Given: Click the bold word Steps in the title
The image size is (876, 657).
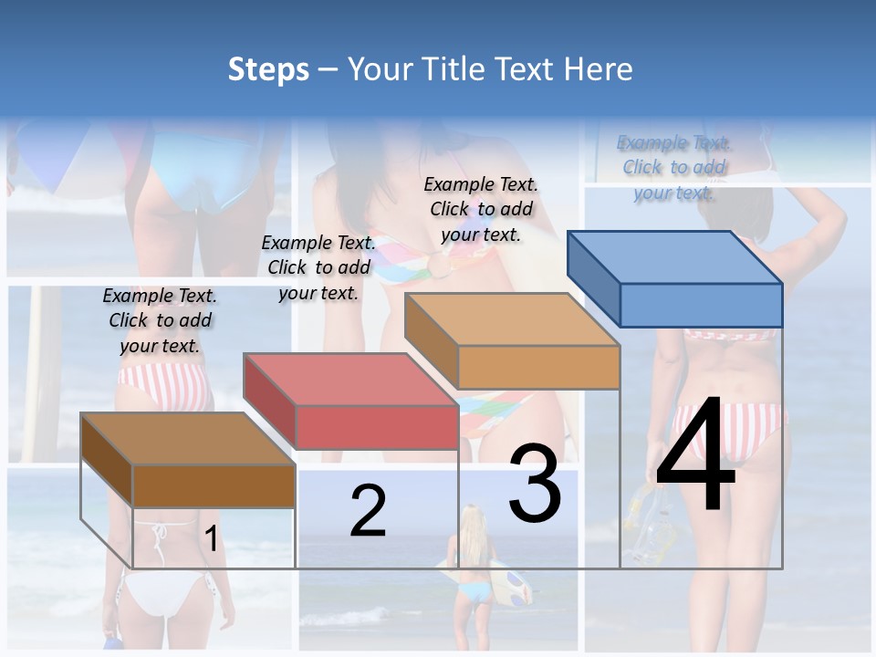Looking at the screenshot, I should (x=268, y=69).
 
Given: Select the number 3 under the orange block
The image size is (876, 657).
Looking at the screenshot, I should (x=535, y=485).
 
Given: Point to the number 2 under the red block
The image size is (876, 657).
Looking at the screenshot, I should (x=368, y=511).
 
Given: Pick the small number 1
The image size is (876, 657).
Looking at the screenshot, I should (x=211, y=538).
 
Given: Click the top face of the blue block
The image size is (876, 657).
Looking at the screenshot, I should (x=675, y=256).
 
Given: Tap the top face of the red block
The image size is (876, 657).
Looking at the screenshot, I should (x=350, y=379).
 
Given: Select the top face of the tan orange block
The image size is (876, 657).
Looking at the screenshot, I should (x=512, y=319).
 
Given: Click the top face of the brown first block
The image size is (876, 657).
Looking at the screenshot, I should (x=188, y=439).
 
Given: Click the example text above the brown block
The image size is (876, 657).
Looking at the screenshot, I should (x=160, y=320).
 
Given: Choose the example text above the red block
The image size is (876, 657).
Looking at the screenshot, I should (x=318, y=267).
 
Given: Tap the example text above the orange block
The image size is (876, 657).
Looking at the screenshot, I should (x=481, y=209).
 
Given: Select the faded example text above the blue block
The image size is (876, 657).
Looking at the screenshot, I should (x=673, y=167).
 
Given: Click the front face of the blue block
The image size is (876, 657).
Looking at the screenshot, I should (x=701, y=305).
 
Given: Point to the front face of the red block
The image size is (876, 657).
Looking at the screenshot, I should (x=377, y=427).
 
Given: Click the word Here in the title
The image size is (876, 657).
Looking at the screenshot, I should (x=598, y=69).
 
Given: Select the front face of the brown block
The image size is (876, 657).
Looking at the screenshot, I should (x=214, y=485).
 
